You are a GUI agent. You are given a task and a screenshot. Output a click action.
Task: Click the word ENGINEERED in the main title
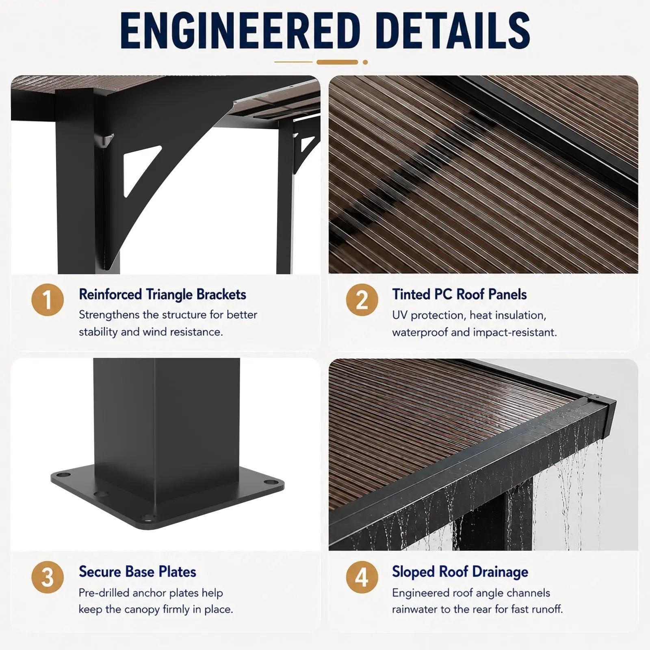tap(240, 30)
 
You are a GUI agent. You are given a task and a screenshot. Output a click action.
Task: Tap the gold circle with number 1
tap(48, 300)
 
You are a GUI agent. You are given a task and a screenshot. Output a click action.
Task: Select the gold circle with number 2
tap(362, 300)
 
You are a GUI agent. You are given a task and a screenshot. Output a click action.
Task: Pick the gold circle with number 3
tap(48, 577)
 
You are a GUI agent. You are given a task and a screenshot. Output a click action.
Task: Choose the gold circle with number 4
tap(362, 577)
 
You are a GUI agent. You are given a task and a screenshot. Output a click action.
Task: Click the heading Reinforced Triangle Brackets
tap(162, 295)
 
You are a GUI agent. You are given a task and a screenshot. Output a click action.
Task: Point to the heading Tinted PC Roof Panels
tap(459, 295)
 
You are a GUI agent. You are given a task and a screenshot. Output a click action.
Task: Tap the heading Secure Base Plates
tap(137, 572)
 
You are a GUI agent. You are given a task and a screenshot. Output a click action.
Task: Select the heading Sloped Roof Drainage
tap(460, 572)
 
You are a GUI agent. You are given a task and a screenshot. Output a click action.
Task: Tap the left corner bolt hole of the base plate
tap(61, 474)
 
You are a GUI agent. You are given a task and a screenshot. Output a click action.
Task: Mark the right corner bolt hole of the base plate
tap(269, 482)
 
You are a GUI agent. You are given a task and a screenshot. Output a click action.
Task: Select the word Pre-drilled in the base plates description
tap(104, 593)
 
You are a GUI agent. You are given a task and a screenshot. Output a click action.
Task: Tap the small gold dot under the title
tap(365, 62)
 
